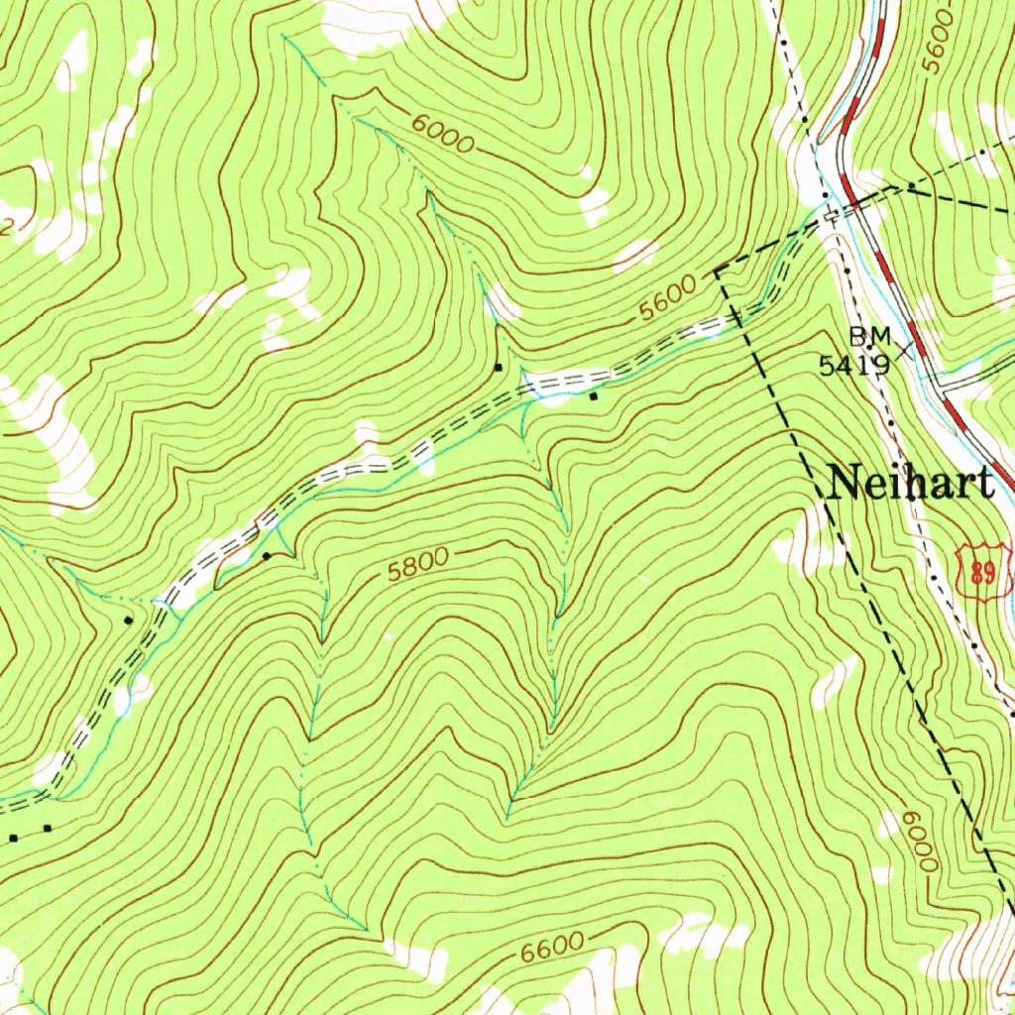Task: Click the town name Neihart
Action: [x=910, y=484]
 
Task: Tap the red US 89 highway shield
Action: [x=983, y=571]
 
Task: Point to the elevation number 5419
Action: [x=852, y=365]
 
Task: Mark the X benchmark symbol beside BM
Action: [x=904, y=348]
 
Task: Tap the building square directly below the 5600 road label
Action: [x=593, y=396]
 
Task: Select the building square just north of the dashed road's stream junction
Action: [x=499, y=368]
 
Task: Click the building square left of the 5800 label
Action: [x=266, y=555]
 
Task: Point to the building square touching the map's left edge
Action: [x=14, y=839]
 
